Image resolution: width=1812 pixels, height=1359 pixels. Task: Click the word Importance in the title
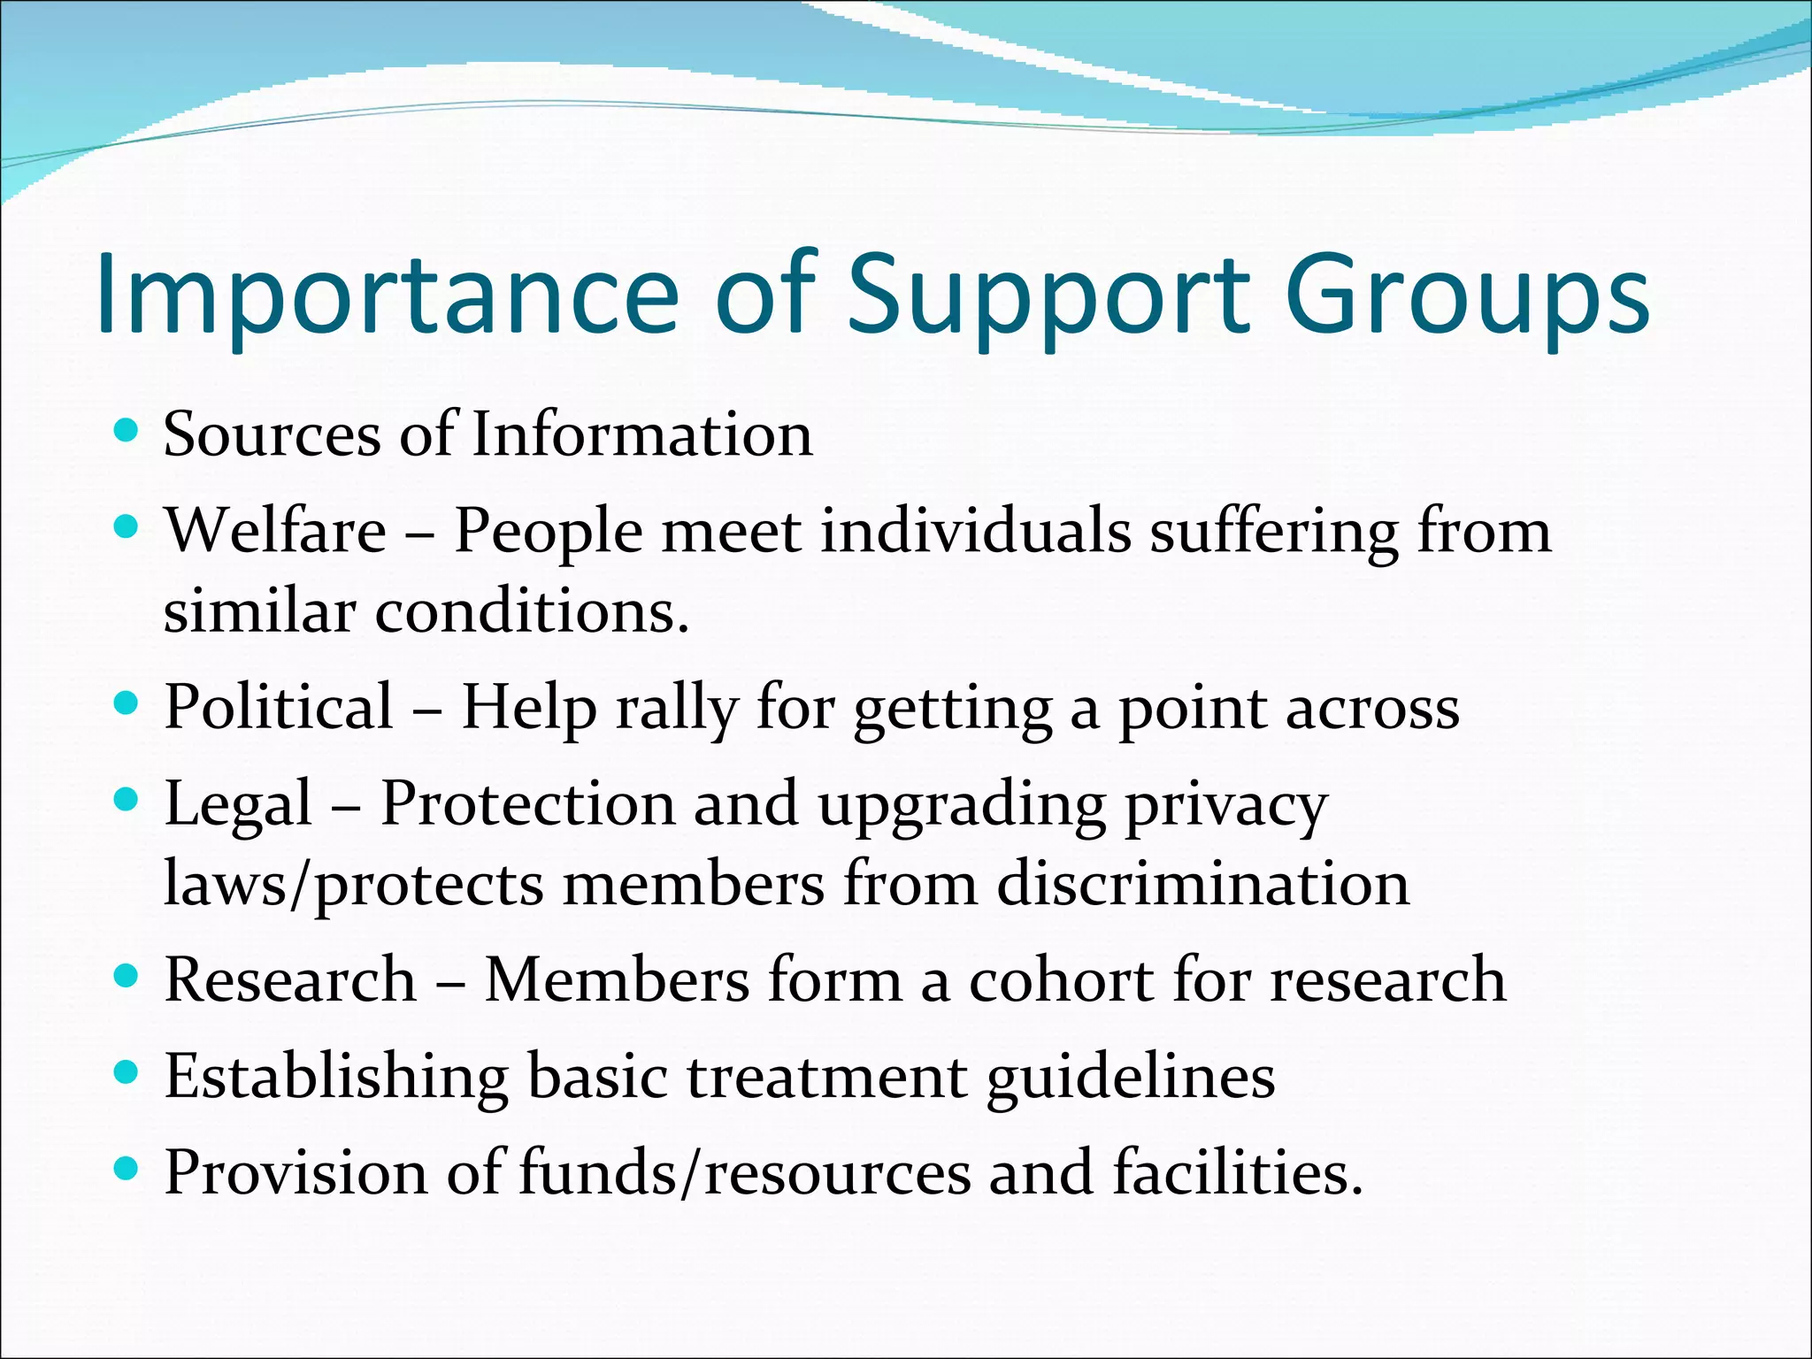pyautogui.click(x=388, y=296)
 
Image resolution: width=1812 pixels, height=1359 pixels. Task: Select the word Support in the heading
pyautogui.click(x=1048, y=296)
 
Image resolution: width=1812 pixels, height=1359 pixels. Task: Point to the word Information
pyautogui.click(x=641, y=435)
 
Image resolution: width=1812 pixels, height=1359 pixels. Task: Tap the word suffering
pyautogui.click(x=1274, y=533)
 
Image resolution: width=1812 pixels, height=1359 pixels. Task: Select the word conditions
pyautogui.click(x=531, y=612)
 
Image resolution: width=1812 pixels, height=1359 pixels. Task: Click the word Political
pyautogui.click(x=279, y=708)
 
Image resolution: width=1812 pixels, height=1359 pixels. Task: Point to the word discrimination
pyautogui.click(x=1202, y=884)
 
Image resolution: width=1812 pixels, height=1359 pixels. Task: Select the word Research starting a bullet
pyautogui.click(x=290, y=980)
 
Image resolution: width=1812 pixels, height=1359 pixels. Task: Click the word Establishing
pyautogui.click(x=336, y=1078)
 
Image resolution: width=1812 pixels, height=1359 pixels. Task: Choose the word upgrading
pyautogui.click(x=962, y=805)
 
